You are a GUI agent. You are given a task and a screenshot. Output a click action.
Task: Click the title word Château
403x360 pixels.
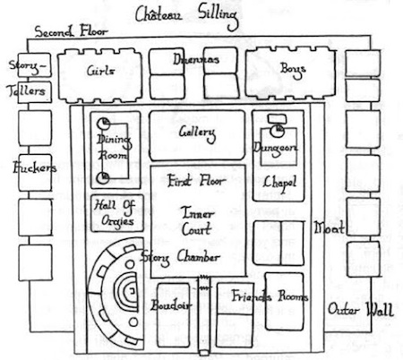(x=159, y=14)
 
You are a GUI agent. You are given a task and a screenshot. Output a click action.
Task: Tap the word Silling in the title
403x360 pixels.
(x=219, y=17)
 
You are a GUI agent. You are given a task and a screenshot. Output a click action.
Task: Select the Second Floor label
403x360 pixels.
(x=71, y=31)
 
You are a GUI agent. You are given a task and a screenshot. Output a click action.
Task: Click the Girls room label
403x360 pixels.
(x=100, y=71)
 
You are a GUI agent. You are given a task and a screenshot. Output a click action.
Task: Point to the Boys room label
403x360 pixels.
(x=293, y=70)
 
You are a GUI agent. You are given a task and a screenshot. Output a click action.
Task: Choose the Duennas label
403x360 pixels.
(x=196, y=59)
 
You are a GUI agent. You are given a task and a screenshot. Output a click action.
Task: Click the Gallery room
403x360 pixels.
(x=197, y=135)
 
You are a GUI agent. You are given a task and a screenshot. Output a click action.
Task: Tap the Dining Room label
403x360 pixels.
(x=114, y=147)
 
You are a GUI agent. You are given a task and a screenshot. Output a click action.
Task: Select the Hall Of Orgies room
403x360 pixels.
(x=117, y=213)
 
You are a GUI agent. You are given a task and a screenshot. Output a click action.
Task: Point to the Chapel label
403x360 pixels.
(x=279, y=183)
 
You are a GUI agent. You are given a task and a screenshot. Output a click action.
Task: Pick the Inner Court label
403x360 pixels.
(x=197, y=221)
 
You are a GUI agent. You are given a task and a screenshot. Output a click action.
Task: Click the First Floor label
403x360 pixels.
(x=195, y=181)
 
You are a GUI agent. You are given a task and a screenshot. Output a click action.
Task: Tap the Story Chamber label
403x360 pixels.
(x=180, y=258)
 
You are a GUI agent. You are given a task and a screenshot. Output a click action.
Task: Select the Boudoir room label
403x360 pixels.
(x=171, y=304)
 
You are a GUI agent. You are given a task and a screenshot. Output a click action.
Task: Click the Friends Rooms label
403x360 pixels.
(x=270, y=296)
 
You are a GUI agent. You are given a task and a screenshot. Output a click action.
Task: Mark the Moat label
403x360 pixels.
(x=329, y=228)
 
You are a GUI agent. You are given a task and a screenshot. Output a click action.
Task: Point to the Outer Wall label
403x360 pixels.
(x=361, y=309)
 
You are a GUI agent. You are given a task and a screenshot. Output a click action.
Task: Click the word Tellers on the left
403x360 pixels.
(x=26, y=90)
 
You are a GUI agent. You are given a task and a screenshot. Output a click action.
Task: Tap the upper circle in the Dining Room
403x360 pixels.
(x=103, y=123)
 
